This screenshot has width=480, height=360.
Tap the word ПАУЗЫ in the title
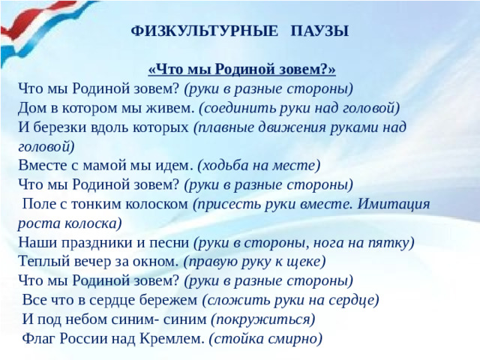point(319,31)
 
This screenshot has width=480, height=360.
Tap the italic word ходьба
point(228,165)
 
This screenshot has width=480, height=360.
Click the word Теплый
point(42,262)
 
